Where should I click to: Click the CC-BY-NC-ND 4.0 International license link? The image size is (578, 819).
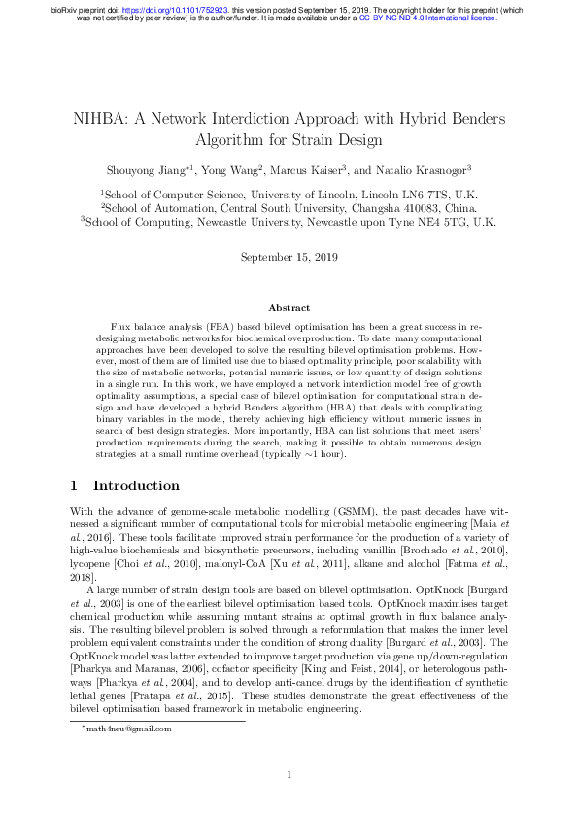[427, 18]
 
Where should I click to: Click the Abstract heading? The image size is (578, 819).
[289, 307]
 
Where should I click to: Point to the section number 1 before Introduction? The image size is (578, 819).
[75, 485]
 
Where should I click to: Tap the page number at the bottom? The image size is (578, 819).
[289, 774]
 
